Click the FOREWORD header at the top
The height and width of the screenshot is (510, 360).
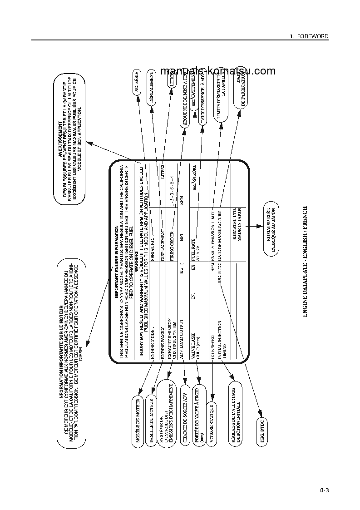(x=311, y=36)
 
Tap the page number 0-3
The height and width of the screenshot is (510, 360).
(x=324, y=490)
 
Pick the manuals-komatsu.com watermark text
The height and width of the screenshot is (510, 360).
(x=218, y=71)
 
